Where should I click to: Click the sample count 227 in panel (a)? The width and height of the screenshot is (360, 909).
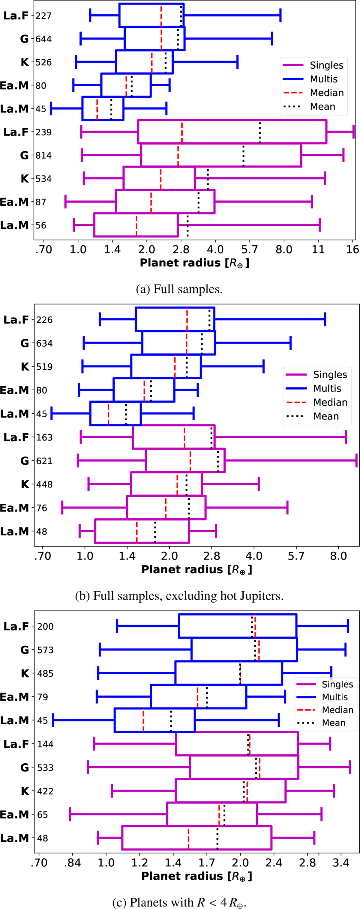coord(43,16)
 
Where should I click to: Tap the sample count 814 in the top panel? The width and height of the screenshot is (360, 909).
coord(43,156)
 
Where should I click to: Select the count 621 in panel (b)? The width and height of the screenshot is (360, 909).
coord(44,461)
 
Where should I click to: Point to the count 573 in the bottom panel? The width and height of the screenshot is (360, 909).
coord(45,650)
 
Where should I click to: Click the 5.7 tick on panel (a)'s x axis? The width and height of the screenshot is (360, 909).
coord(250,250)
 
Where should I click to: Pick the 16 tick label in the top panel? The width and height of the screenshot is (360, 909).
coord(352,250)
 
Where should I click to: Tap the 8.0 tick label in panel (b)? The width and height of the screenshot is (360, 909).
coord(338,556)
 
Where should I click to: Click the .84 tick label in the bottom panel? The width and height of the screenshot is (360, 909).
coord(72,863)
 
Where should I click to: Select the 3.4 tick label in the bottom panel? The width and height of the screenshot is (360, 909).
coord(341,863)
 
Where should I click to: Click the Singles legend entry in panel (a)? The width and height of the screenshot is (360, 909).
coord(326,65)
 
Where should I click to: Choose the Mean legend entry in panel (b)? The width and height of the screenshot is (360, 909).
coord(326,416)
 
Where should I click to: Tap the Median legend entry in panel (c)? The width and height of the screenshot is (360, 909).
coord(337,710)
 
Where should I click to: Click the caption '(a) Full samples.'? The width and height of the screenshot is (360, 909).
coord(179,289)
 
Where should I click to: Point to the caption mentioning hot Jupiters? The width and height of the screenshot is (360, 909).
coord(179,596)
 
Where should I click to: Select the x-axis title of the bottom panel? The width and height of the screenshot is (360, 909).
coord(196,876)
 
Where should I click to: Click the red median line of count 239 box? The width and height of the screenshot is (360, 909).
coord(182,132)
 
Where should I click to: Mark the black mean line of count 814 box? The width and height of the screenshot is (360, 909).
coord(244,156)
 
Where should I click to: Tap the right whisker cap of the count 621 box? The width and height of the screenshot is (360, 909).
coord(356,461)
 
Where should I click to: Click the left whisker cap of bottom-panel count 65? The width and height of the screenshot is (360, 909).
coord(70,815)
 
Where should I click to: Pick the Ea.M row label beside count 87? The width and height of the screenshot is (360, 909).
coord(14,202)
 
